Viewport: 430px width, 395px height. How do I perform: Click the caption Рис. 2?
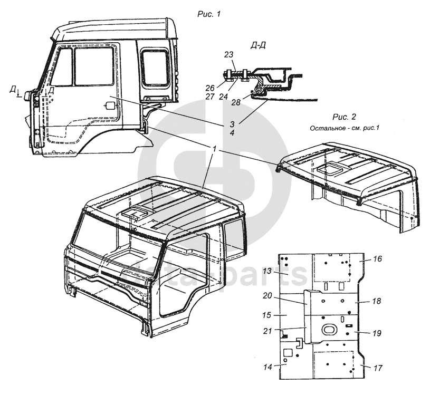(345, 117)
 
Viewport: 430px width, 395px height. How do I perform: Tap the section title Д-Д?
(257, 46)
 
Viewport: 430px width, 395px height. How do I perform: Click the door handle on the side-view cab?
(110, 105)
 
